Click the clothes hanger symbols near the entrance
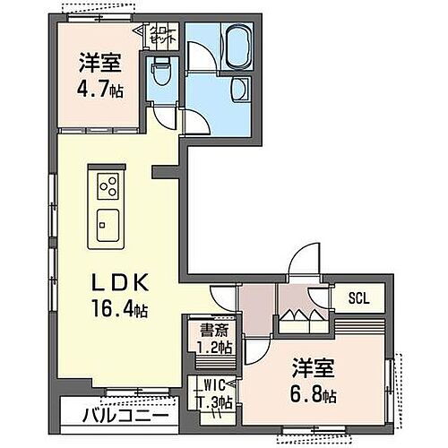click(296, 315)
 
